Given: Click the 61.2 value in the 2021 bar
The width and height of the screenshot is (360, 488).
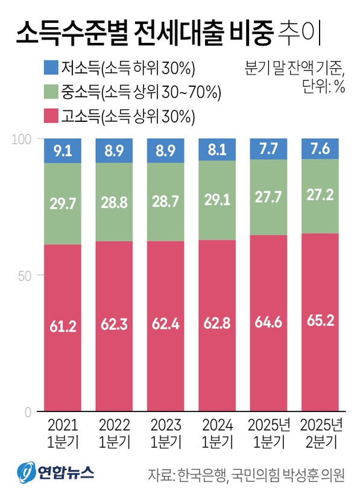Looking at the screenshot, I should [63, 327].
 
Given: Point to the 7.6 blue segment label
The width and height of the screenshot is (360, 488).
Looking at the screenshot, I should [319, 150].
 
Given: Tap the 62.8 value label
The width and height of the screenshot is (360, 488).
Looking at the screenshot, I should [216, 327].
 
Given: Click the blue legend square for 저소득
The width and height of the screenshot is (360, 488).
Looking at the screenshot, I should [51, 66].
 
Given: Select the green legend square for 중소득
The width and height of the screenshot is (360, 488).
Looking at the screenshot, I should [51, 91].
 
